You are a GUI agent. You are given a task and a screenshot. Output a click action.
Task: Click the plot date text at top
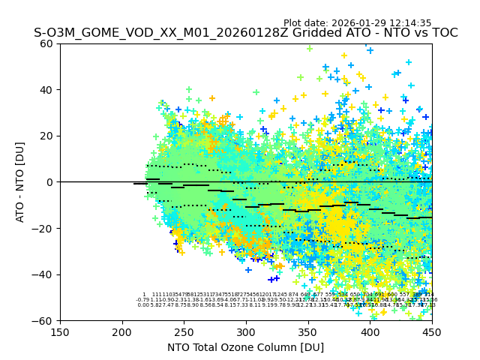[x=357, y=23]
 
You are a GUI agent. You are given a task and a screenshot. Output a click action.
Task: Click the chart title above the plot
[x=245, y=34]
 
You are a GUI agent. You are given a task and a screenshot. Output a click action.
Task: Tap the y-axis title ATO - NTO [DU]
[x=21, y=181]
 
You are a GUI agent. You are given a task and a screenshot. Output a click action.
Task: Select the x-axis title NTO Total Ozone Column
[x=245, y=347]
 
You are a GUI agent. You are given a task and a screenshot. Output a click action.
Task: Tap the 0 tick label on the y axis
[x=51, y=182]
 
